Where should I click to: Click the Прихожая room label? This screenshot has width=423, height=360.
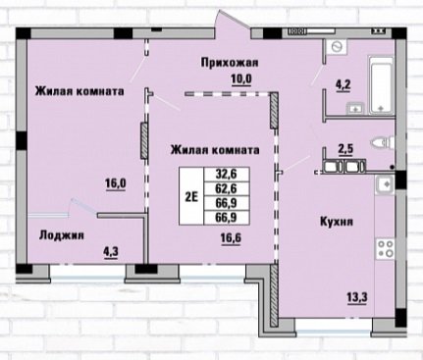tap(230, 62)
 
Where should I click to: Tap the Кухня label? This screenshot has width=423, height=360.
tap(337, 222)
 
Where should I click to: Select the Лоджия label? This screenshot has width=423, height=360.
tap(62, 235)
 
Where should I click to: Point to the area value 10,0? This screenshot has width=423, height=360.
tap(241, 79)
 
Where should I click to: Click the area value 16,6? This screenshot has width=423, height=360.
tap(231, 237)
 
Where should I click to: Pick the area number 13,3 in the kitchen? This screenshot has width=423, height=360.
tap(357, 297)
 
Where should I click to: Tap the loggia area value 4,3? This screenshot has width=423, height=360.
tap(111, 252)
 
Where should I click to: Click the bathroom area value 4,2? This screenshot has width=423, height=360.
tap(343, 85)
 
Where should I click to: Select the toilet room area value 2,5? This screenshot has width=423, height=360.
tap(345, 148)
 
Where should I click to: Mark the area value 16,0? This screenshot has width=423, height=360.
tap(116, 183)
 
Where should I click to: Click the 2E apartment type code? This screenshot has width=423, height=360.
tap(191, 196)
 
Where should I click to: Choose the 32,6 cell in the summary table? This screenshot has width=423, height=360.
tap(226, 174)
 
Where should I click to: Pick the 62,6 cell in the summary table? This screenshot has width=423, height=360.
tap(226, 188)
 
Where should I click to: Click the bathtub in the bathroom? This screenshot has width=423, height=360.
tap(381, 85)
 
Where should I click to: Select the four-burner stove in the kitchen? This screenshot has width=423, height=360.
tap(385, 248)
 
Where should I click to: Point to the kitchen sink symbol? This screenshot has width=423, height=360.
tap(385, 184)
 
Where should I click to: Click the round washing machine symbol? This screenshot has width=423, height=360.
tap(337, 47)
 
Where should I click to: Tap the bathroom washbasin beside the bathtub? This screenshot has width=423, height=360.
tap(356, 108)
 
